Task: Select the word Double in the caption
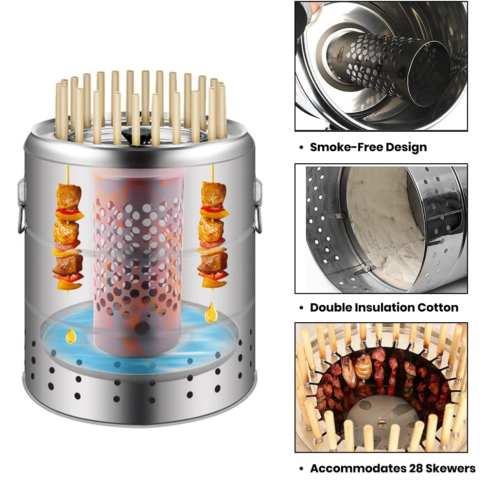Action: click(330, 308)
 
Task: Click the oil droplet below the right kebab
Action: click(211, 312)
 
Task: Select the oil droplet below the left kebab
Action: click(71, 335)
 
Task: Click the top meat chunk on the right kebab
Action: click(213, 194)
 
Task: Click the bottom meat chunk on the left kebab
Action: click(68, 264)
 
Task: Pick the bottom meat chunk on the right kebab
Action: click(213, 262)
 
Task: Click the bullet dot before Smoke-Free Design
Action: click(301, 148)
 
